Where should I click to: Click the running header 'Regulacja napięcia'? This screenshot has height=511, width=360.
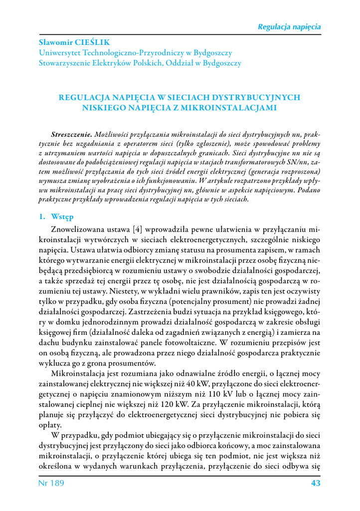pyautogui.click(x=289, y=26)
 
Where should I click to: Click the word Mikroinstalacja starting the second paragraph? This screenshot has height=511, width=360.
pyautogui.click(x=80, y=376)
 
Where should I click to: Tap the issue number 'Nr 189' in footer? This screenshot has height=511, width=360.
pyautogui.click(x=51, y=484)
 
